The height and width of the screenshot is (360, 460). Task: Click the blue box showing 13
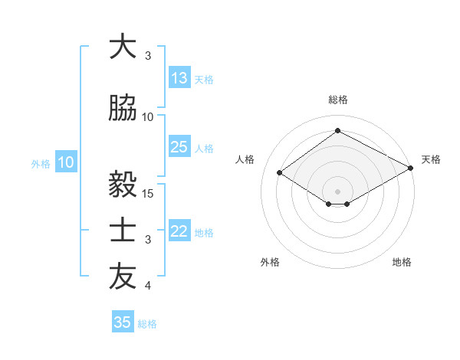click(179, 78)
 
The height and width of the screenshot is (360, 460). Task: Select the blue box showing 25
click(179, 147)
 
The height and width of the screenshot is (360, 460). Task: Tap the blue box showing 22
click(179, 231)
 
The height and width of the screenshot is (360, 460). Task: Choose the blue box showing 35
click(123, 322)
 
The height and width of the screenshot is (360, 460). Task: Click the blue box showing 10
click(66, 162)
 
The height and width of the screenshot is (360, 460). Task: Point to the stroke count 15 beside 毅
click(149, 193)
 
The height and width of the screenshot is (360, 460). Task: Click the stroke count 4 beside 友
click(148, 286)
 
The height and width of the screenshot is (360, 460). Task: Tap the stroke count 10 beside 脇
click(149, 116)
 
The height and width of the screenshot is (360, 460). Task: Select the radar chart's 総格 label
click(337, 100)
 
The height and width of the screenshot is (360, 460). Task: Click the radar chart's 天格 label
click(431, 159)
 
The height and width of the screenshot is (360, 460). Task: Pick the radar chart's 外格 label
click(270, 262)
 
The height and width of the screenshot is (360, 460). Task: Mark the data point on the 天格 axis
click(412, 169)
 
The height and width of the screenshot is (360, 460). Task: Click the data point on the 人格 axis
click(280, 173)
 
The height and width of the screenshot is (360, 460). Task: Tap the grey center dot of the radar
click(337, 191)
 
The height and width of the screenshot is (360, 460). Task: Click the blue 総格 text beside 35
click(147, 324)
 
